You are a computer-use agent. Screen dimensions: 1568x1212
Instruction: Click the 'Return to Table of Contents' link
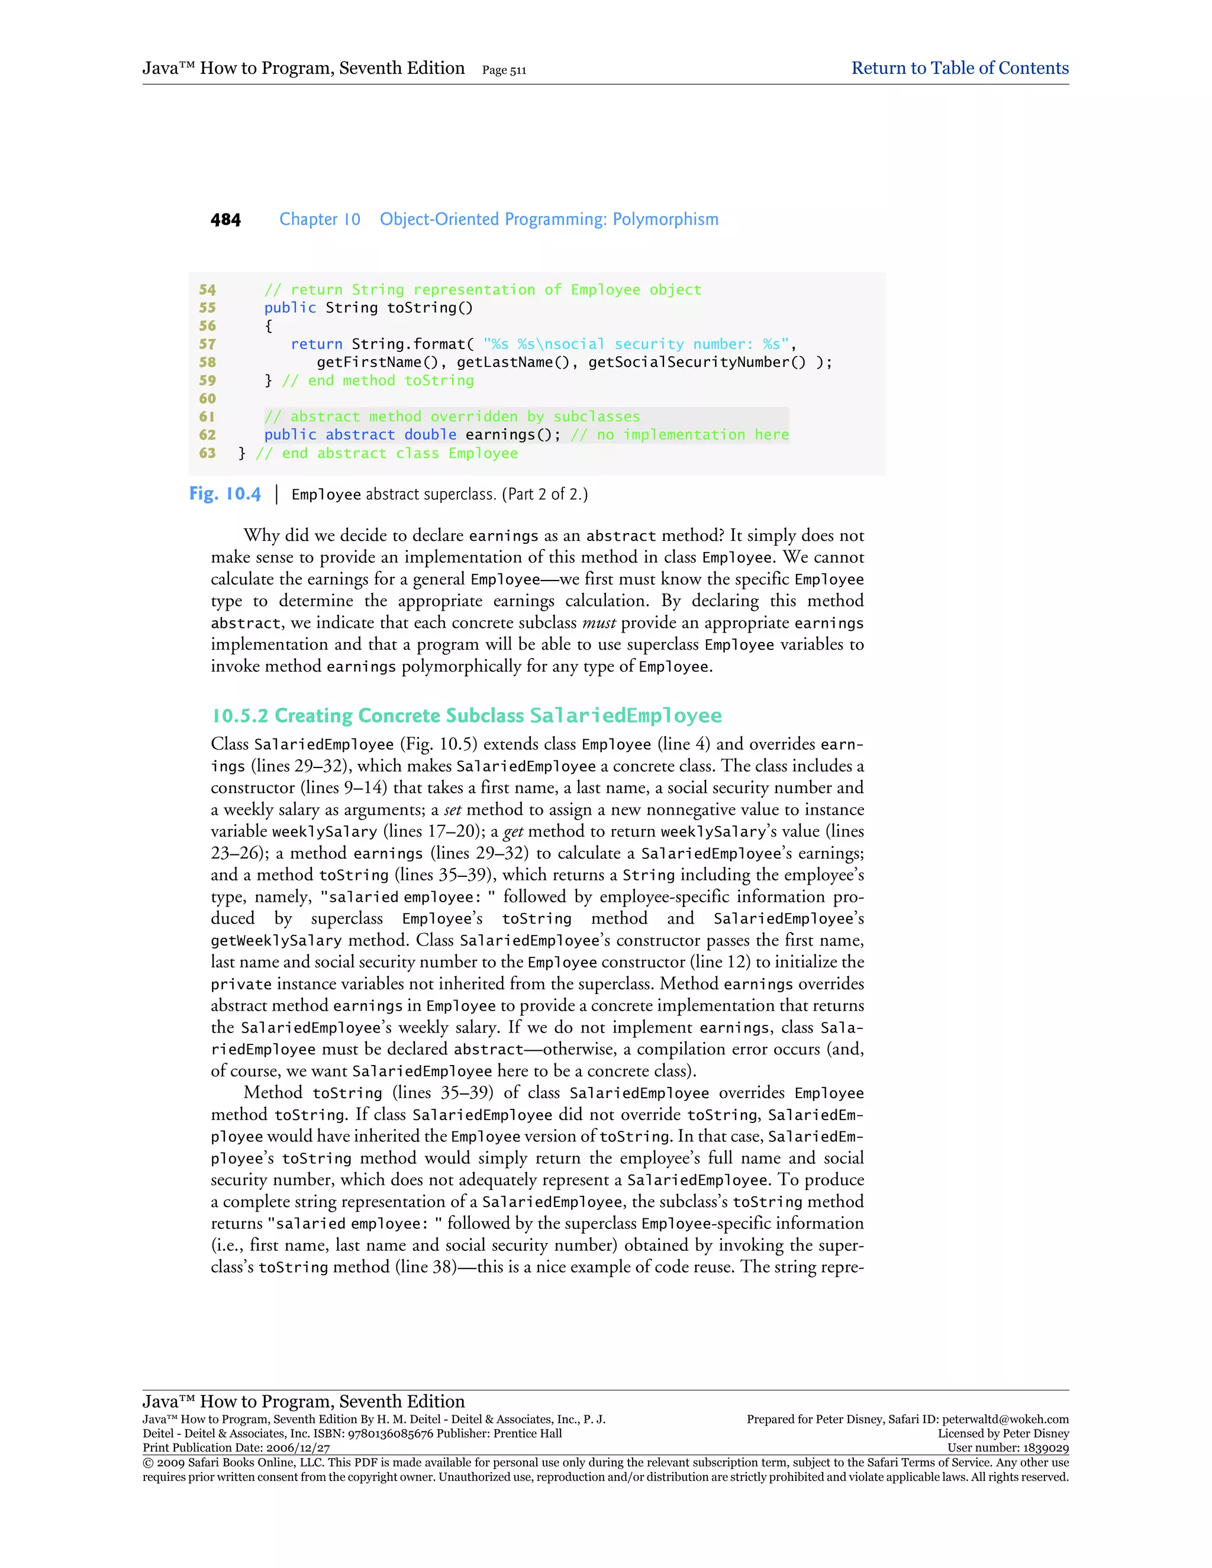pyautogui.click(x=959, y=68)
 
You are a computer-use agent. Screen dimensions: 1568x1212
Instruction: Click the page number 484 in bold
pyautogui.click(x=225, y=220)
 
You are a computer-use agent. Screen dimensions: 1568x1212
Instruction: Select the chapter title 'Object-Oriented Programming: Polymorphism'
pyautogui.click(x=549, y=219)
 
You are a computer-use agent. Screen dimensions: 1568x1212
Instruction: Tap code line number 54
pyautogui.click(x=208, y=289)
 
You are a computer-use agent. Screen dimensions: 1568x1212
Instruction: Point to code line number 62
pyautogui.click(x=208, y=434)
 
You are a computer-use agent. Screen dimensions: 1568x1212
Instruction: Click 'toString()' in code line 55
pyautogui.click(x=430, y=308)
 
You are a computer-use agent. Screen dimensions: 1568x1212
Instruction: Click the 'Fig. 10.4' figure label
pyautogui.click(x=225, y=494)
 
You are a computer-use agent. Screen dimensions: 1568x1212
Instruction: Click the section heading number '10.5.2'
pyautogui.click(x=240, y=716)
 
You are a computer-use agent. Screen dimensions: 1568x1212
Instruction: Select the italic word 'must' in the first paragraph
pyautogui.click(x=599, y=622)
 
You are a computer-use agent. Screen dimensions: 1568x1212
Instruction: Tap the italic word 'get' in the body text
pyautogui.click(x=512, y=831)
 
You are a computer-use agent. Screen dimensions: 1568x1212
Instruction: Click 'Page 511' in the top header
pyautogui.click(x=504, y=70)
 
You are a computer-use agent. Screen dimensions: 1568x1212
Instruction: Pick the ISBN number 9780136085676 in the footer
pyautogui.click(x=393, y=1433)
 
